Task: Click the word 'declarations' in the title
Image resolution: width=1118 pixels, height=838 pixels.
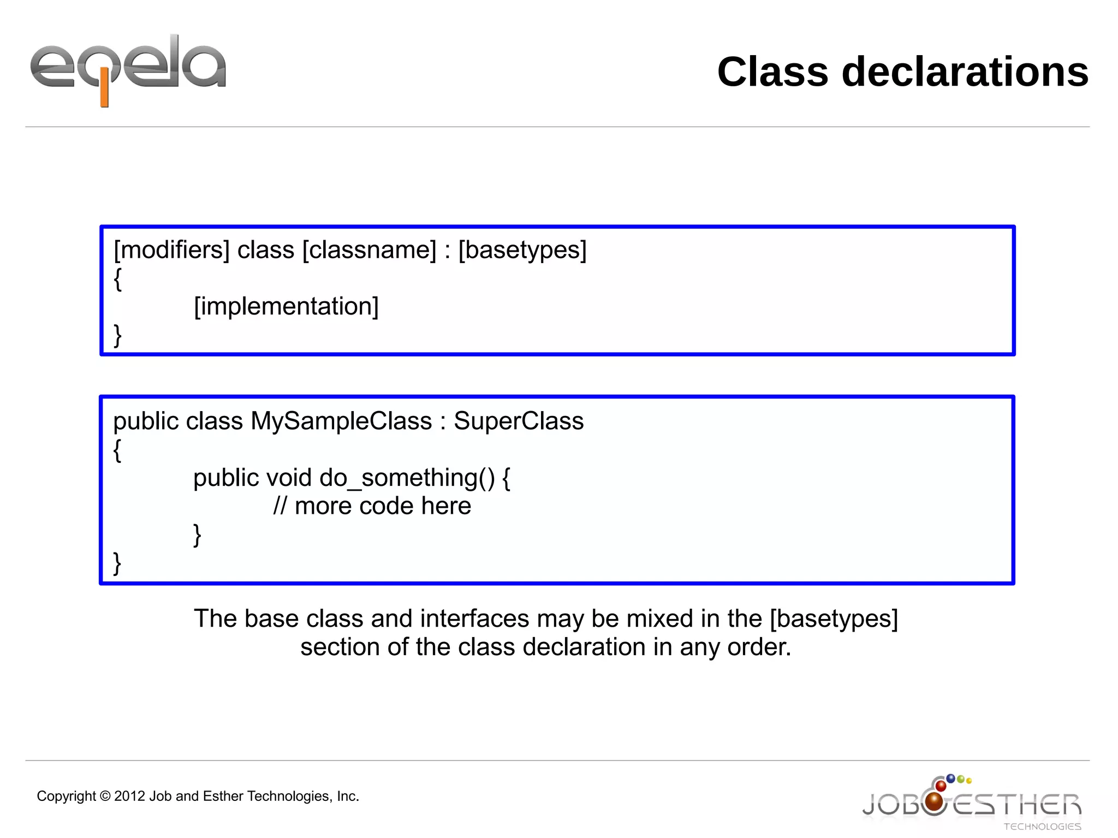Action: [965, 72]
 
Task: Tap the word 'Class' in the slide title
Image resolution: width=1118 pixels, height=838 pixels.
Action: [772, 72]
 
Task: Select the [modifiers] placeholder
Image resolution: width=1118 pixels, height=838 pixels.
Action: [171, 251]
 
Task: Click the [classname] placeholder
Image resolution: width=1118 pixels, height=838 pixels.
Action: [370, 251]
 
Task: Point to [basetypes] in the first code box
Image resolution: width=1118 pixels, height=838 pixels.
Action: [522, 251]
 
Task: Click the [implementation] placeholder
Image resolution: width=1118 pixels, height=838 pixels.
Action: [286, 307]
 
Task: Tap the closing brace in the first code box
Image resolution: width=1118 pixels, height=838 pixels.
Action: [117, 335]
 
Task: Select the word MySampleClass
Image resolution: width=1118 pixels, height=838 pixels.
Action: [341, 421]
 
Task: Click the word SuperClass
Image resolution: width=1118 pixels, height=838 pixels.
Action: [519, 421]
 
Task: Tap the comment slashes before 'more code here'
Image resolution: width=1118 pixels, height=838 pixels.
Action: [279, 506]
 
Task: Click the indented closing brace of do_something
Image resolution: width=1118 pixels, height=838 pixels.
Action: [197, 535]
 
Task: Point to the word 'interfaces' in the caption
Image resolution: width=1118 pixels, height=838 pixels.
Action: [474, 619]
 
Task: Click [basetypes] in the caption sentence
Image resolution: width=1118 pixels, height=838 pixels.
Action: [834, 619]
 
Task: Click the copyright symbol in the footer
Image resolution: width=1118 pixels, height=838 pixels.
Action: [105, 797]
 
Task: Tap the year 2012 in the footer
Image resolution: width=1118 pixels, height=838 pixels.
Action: [130, 797]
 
